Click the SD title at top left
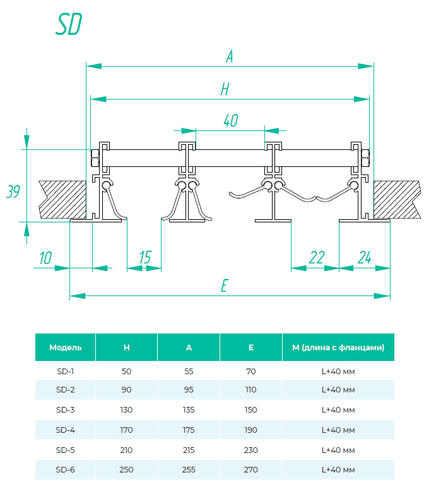69,25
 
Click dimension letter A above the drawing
230,57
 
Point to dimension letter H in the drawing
224,90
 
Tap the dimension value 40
230,121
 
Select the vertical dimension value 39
12,192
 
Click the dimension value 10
45,257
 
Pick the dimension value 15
144,257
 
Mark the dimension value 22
317,257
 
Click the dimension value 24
364,257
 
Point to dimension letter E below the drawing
223,286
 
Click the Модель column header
66,347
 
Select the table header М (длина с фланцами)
338,347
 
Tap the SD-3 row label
66,409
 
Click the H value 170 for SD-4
126,430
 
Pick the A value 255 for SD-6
189,469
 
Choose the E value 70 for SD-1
251,371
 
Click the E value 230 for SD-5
251,450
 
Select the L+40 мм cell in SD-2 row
338,391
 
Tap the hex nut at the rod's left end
96,157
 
